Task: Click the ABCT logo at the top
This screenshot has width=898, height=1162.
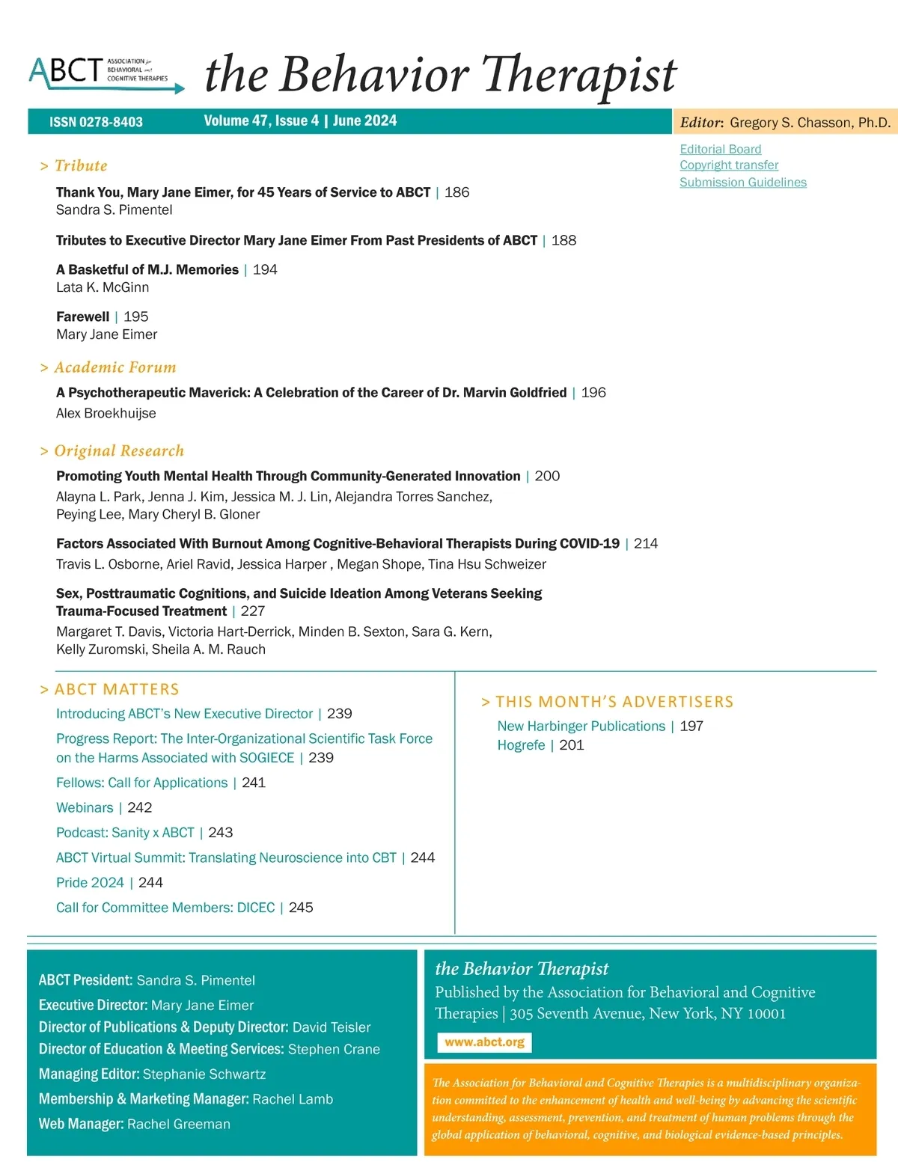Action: pyautogui.click(x=105, y=73)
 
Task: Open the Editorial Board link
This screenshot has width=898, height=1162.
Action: pyautogui.click(x=720, y=149)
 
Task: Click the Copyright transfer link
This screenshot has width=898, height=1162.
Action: pyautogui.click(x=729, y=165)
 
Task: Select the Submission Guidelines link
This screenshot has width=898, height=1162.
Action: pyautogui.click(x=742, y=183)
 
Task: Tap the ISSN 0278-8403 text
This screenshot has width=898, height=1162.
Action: pyautogui.click(x=96, y=122)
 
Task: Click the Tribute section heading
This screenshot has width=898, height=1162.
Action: pyautogui.click(x=80, y=166)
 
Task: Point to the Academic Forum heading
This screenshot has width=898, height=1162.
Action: pyautogui.click(x=114, y=367)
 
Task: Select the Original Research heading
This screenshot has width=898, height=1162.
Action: pyautogui.click(x=118, y=450)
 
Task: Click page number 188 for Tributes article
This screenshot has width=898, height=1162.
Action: pyautogui.click(x=563, y=240)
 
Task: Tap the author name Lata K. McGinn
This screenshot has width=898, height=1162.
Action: pyautogui.click(x=103, y=287)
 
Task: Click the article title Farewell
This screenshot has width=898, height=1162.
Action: pyautogui.click(x=82, y=317)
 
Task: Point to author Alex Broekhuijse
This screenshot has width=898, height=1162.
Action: pyautogui.click(x=106, y=413)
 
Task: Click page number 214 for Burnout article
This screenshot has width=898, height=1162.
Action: pyautogui.click(x=646, y=543)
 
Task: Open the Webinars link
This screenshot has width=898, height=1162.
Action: pyautogui.click(x=85, y=807)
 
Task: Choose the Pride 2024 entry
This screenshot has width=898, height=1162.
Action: pyautogui.click(x=90, y=882)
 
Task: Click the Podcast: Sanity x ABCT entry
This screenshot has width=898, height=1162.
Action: pyautogui.click(x=125, y=833)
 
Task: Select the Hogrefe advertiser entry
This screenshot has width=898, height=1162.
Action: pyautogui.click(x=521, y=745)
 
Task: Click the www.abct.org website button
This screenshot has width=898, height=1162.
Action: pyautogui.click(x=484, y=1042)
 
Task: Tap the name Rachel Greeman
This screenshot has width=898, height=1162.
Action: pyautogui.click(x=178, y=1124)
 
